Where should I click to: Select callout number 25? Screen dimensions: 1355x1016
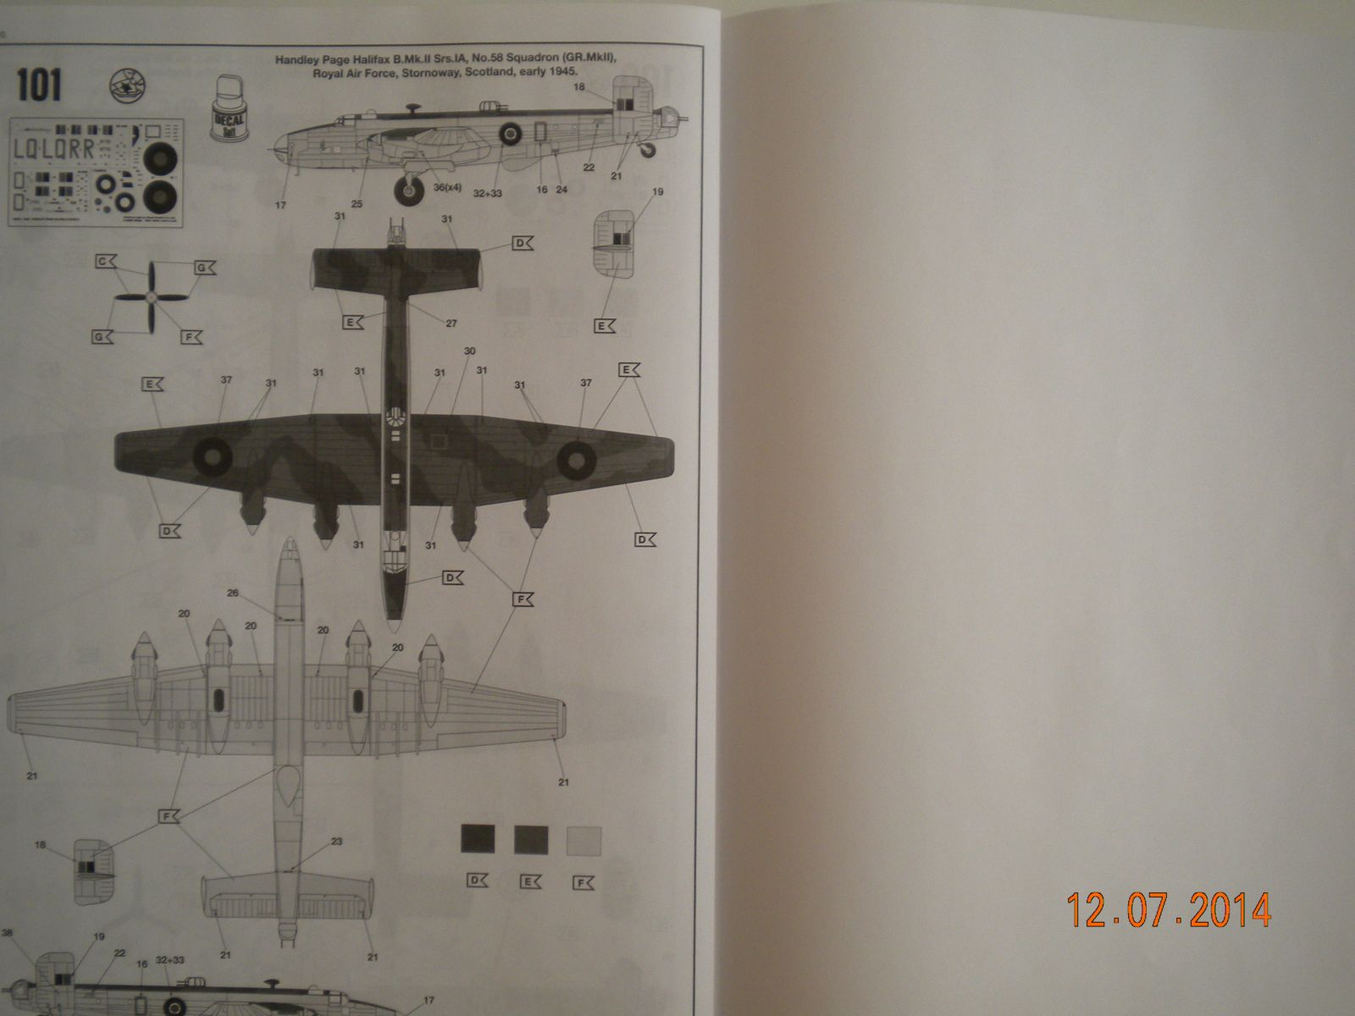pos(357,203)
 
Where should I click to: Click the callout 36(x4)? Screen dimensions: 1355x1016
pos(447,187)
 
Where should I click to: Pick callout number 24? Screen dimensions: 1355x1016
pos(561,190)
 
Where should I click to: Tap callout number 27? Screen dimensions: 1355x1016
pos(451,323)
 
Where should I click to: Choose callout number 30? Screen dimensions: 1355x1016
pos(470,351)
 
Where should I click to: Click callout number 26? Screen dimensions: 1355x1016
pos(234,593)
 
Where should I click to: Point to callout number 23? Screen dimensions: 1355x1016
pos(336,842)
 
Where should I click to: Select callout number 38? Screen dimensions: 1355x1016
pos(8,934)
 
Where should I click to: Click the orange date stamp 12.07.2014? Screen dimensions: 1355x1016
pos(1169,910)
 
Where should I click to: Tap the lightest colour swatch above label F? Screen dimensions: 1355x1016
pos(583,840)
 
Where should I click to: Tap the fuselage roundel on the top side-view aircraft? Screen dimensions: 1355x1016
pos(510,131)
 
